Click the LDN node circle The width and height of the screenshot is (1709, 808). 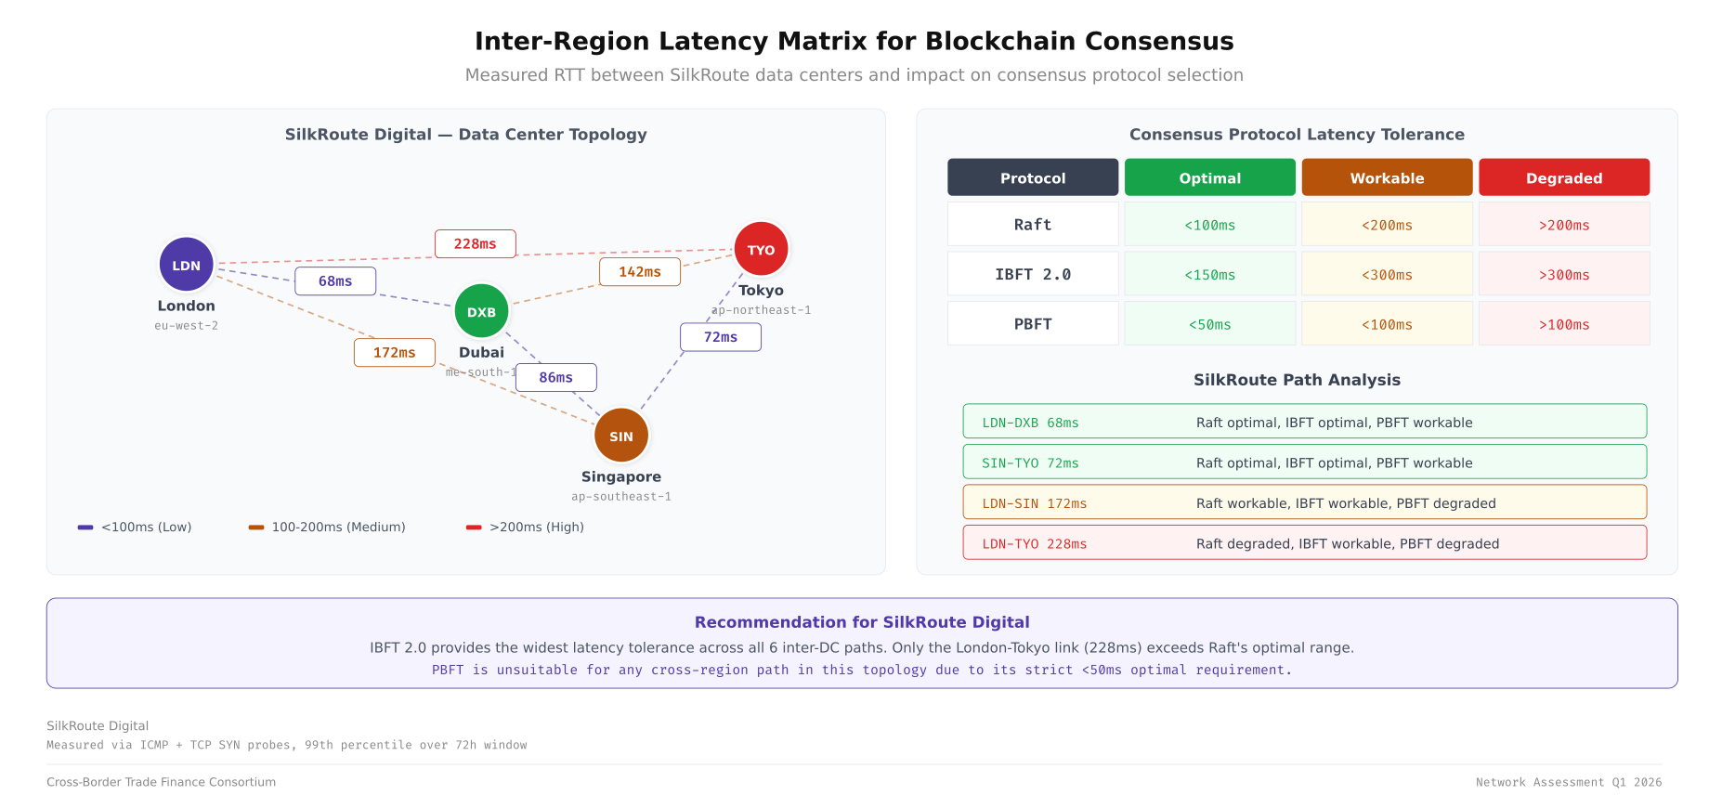click(x=186, y=265)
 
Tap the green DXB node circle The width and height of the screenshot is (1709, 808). click(x=481, y=312)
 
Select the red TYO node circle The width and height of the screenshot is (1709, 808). click(x=761, y=249)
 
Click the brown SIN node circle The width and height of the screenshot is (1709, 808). click(x=620, y=436)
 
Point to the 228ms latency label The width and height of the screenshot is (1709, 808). click(x=475, y=243)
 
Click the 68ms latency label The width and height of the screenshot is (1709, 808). click(x=335, y=281)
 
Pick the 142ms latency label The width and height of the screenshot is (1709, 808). click(x=640, y=272)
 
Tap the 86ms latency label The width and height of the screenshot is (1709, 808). click(x=555, y=377)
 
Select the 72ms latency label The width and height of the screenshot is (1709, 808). click(x=720, y=337)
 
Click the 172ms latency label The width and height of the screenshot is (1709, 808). click(x=394, y=353)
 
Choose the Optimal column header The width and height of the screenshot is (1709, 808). click(x=1209, y=177)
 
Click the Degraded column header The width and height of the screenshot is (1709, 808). click(x=1563, y=177)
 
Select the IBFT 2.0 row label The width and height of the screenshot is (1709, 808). click(x=1032, y=274)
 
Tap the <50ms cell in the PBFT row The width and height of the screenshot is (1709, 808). click(x=1209, y=324)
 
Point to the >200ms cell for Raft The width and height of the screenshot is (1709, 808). click(x=1563, y=225)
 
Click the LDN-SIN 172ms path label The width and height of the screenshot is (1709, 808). click(x=1034, y=503)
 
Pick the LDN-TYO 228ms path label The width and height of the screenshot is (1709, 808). click(x=1034, y=544)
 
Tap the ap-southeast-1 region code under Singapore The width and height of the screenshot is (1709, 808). click(x=620, y=497)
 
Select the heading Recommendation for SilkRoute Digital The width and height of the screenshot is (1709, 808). click(x=861, y=622)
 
